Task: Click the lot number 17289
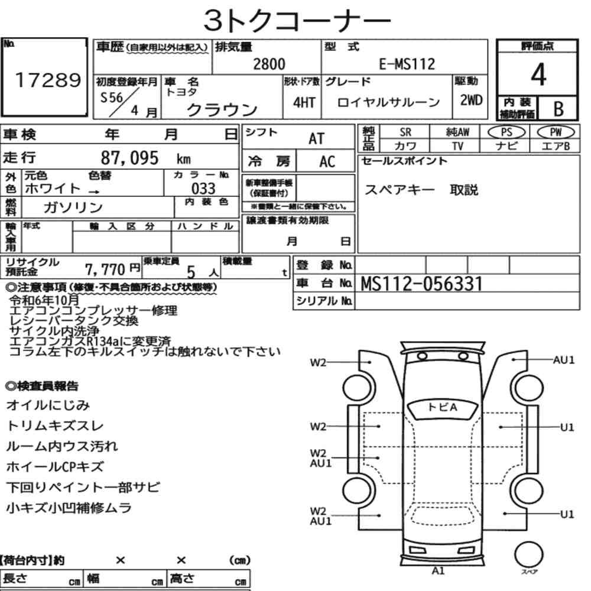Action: pos(48,80)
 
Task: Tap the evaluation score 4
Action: pos(538,74)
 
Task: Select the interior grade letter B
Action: pos(558,109)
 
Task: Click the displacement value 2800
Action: pos(269,64)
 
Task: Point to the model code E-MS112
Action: pos(407,64)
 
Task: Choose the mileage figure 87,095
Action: pos(129,158)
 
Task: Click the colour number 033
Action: pos(203,188)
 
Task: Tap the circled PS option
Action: pos(506,132)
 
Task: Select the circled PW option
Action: pos(556,132)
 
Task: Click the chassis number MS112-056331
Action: pos(421,284)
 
